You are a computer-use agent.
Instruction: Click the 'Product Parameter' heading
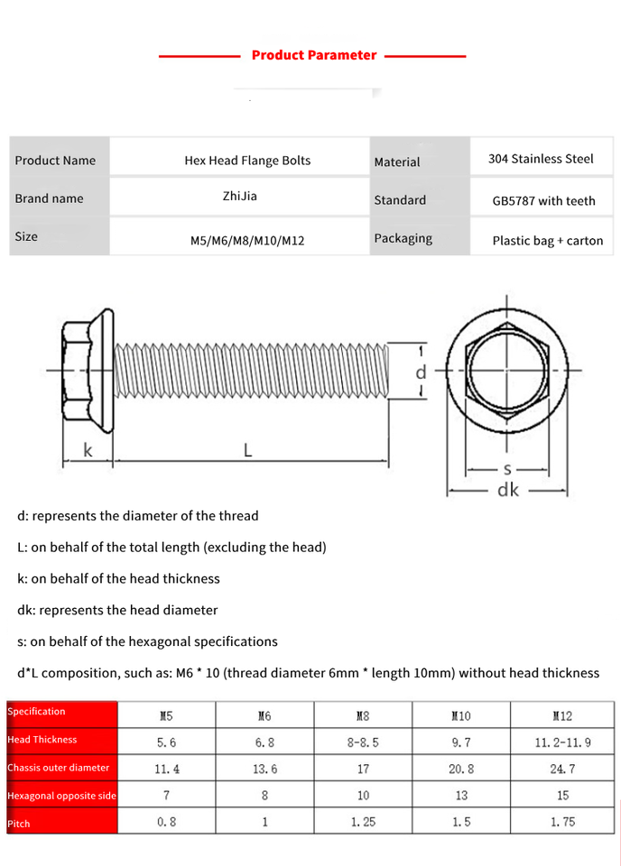[313, 55]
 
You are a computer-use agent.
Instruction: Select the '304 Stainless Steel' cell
[541, 159]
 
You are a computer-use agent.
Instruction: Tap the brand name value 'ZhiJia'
[239, 194]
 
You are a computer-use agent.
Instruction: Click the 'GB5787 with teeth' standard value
[543, 200]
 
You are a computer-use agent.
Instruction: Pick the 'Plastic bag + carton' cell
[547, 241]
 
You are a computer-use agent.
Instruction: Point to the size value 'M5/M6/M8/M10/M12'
[246, 241]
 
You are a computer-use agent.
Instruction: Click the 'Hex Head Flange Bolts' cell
[247, 161]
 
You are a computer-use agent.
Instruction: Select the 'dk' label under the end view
[508, 490]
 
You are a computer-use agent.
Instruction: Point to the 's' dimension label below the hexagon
[508, 468]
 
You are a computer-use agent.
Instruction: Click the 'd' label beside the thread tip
[421, 371]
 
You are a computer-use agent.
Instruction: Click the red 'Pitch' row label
[19, 824]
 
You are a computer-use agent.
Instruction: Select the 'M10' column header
[460, 716]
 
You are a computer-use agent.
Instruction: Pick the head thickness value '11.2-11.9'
[562, 742]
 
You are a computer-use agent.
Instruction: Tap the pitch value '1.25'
[362, 822]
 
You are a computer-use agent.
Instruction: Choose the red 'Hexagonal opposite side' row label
[61, 796]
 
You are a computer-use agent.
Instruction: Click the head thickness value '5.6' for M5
[166, 742]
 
